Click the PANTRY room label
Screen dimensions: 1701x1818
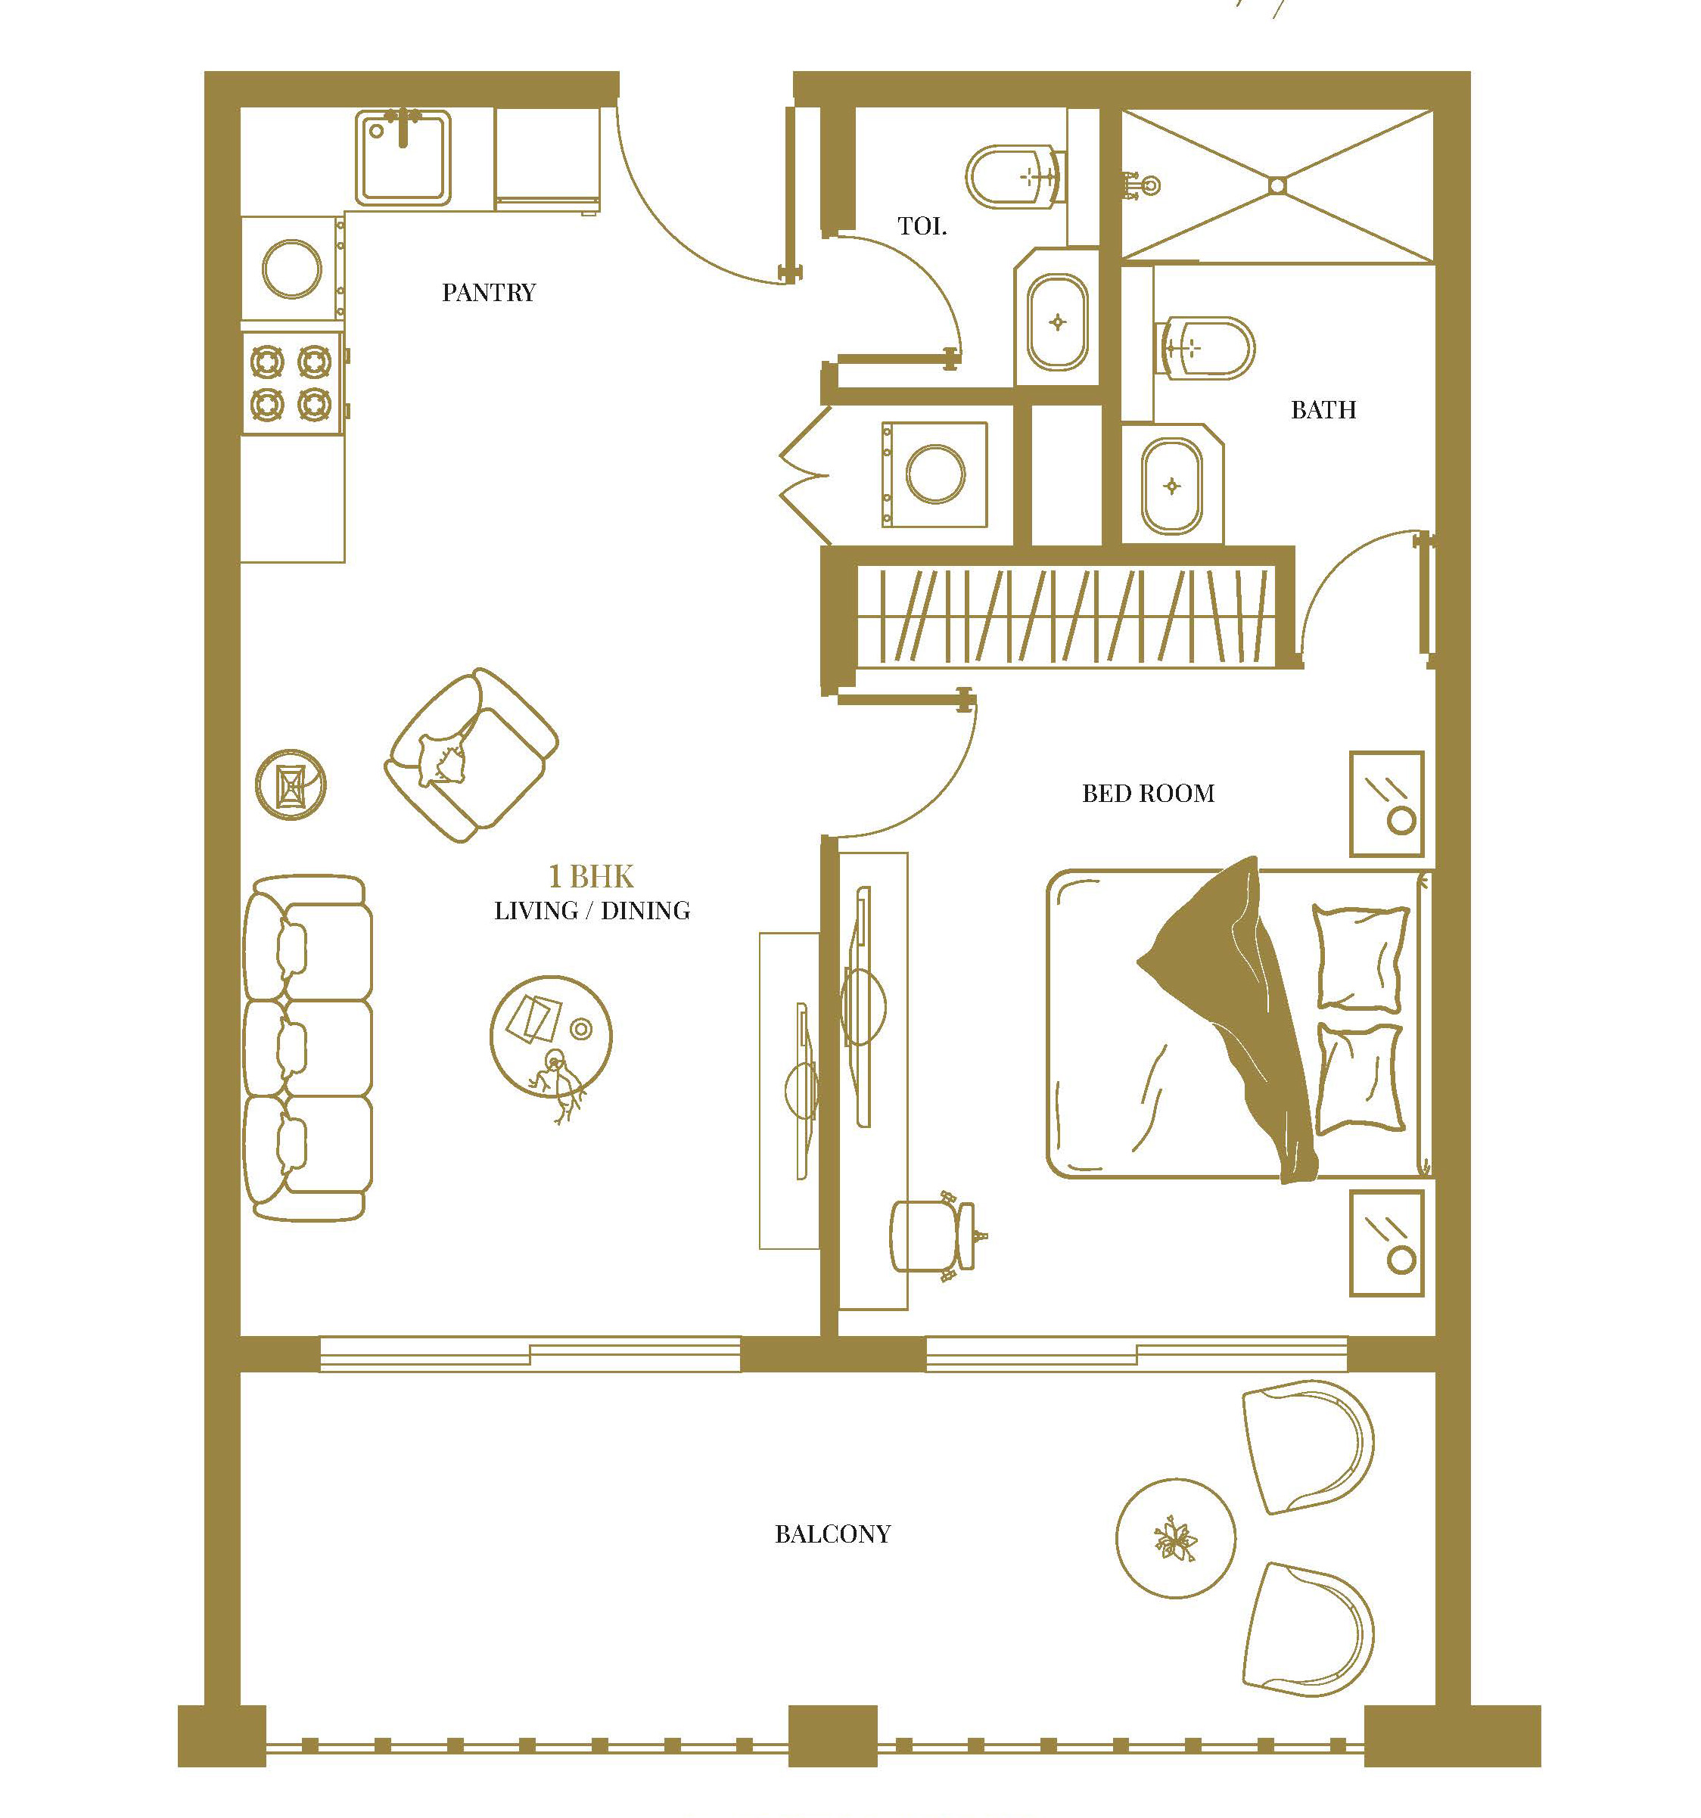[x=488, y=293]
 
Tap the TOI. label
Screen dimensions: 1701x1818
[x=922, y=226]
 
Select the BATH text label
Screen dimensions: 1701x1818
[x=1323, y=410]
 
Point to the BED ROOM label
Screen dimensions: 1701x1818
[x=1149, y=793]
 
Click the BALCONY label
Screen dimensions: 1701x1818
[x=832, y=1534]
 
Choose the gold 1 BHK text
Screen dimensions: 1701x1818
[x=591, y=876]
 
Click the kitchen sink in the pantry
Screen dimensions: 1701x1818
[x=403, y=157]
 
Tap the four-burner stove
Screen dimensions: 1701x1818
[x=293, y=383]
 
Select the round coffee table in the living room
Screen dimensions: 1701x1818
[x=552, y=1034]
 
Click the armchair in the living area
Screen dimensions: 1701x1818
[x=471, y=755]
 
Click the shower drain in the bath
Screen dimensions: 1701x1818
[x=1277, y=185]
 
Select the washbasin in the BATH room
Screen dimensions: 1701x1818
[x=1171, y=486]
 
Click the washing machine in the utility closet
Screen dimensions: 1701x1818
[x=934, y=474]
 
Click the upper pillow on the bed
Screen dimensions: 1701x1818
[x=1360, y=956]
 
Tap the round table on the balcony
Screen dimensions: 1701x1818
[x=1175, y=1538]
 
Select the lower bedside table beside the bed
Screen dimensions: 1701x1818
[x=1386, y=1243]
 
